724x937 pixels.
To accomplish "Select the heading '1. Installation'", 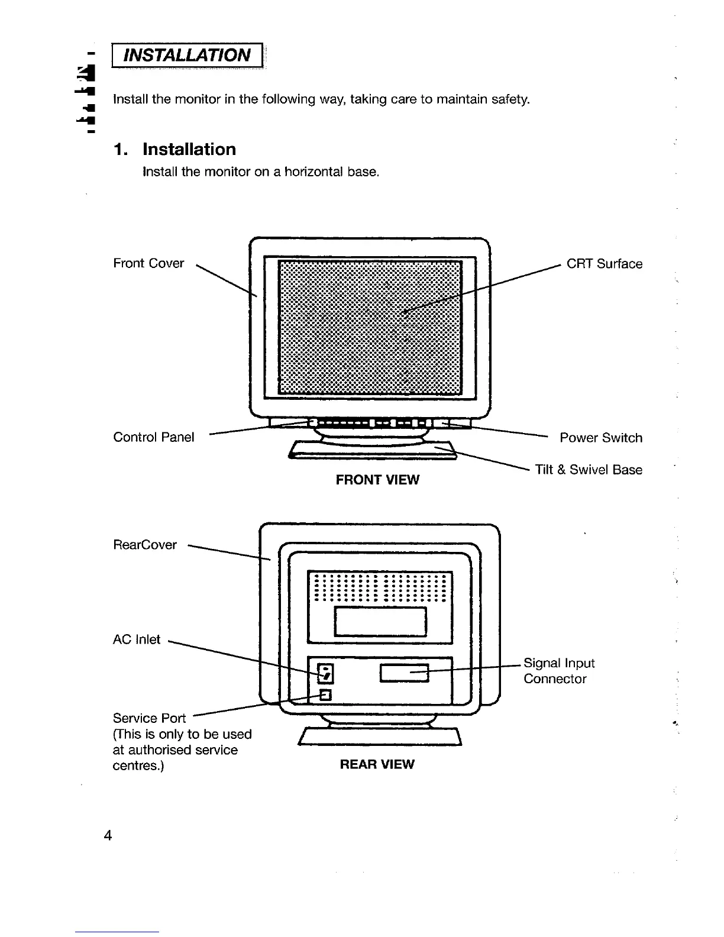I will click(x=175, y=149).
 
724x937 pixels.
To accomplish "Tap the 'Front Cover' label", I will click(x=148, y=263).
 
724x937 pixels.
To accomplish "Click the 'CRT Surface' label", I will click(x=604, y=264).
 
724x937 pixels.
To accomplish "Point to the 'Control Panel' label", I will click(x=153, y=437).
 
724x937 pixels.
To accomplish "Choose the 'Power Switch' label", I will click(x=600, y=438).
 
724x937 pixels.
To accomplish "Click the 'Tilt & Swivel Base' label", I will click(x=588, y=470).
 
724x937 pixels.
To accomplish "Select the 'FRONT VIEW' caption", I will click(x=377, y=480).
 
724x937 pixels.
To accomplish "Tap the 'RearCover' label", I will click(x=145, y=545).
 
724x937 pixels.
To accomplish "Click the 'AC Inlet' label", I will click(x=137, y=639).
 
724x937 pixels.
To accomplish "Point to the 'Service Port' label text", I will click(x=149, y=718).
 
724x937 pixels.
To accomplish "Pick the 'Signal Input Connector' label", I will click(x=558, y=671).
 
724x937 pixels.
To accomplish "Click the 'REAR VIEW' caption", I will click(x=377, y=764).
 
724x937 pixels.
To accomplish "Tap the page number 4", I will click(x=108, y=835).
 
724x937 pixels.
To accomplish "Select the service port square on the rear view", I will click(x=326, y=694).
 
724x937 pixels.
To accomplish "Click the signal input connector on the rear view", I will click(x=405, y=673).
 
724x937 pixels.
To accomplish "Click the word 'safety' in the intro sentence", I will click(x=509, y=99).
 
